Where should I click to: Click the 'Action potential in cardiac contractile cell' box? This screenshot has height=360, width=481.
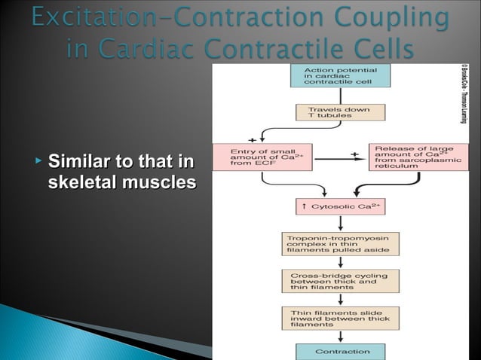point(340,76)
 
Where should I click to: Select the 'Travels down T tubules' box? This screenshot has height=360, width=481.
point(340,112)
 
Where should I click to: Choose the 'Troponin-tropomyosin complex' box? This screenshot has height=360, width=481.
point(340,243)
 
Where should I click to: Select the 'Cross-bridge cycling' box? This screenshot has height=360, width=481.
point(340,281)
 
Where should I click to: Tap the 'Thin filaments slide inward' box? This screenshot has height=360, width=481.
point(340,319)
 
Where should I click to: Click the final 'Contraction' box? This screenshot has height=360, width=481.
point(340,351)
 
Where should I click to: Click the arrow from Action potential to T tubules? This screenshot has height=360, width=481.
point(340,96)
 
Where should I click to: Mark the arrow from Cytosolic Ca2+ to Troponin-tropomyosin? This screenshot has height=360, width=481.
point(340,224)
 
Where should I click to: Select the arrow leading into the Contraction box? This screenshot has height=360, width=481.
point(340,337)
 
